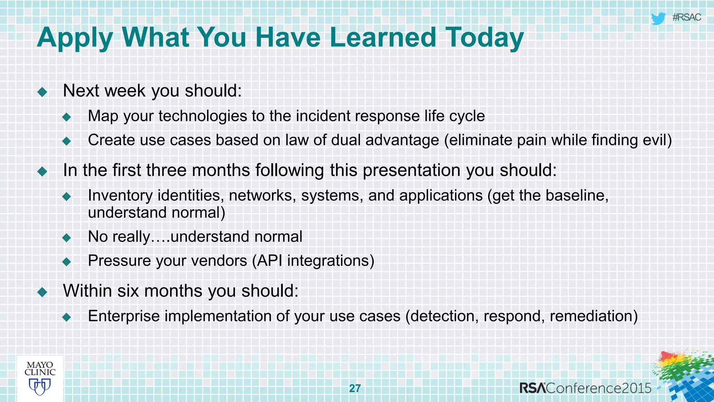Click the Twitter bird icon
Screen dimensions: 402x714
(x=658, y=18)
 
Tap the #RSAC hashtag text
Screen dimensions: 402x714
(x=686, y=17)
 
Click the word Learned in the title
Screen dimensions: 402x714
(x=382, y=37)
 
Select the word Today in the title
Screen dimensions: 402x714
(x=485, y=37)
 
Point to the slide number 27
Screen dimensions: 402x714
(x=355, y=388)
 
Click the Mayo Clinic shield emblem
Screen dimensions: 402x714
(x=40, y=387)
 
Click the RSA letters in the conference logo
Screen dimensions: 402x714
(x=532, y=388)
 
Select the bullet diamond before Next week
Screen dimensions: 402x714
(x=43, y=92)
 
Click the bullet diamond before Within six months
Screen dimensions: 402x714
(x=43, y=292)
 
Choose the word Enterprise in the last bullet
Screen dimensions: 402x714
(x=124, y=316)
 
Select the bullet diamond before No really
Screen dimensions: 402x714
(x=67, y=238)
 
